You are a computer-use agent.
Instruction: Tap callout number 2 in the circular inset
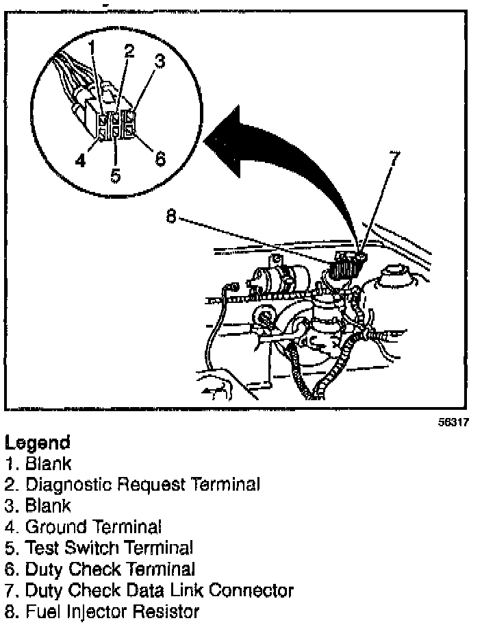tap(128, 51)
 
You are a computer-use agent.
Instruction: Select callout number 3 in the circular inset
tap(159, 62)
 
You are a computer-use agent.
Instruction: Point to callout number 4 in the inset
tap(81, 161)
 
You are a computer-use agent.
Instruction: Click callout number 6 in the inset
tap(160, 159)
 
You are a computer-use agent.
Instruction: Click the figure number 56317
tap(453, 423)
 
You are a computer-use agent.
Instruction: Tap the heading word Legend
tap(37, 443)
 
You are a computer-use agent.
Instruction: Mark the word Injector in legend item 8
tap(89, 611)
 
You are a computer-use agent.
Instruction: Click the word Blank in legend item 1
tap(48, 464)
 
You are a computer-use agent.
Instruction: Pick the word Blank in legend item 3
tap(48, 506)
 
